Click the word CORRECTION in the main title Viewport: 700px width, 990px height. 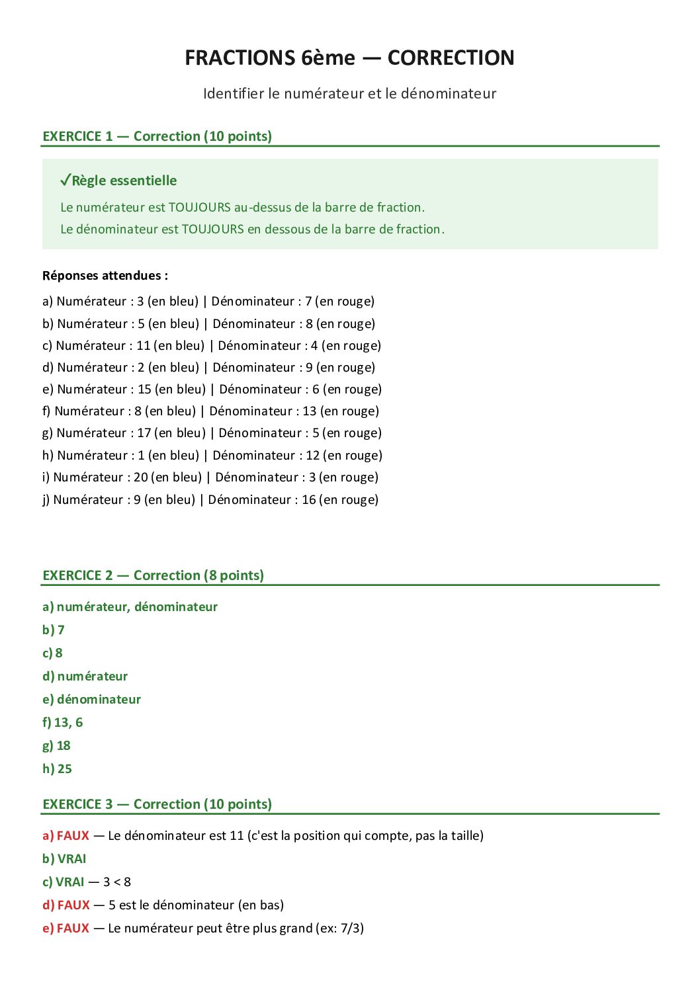(451, 58)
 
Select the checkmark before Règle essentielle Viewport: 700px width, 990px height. (65, 180)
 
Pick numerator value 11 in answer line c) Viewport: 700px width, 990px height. (144, 346)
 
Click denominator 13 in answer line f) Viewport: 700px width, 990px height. (310, 411)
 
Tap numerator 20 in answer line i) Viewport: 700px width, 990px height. (141, 477)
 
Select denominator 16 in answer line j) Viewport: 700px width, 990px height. (309, 500)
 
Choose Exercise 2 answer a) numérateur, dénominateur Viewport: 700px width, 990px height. (130, 607)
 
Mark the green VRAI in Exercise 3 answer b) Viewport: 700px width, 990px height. (71, 859)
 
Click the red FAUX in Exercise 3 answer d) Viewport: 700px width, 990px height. (73, 905)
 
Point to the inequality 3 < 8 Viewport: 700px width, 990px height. (117, 882)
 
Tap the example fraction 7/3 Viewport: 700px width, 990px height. (350, 928)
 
